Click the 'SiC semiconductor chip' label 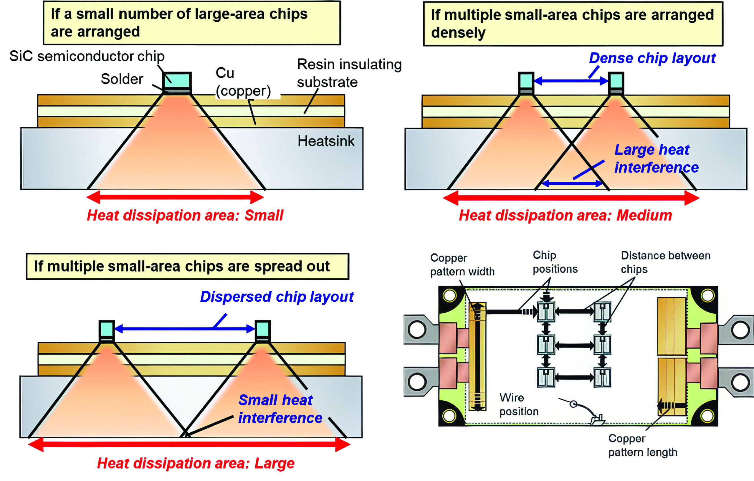click(87, 56)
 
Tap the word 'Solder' click(122, 79)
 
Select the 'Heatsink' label click(326, 141)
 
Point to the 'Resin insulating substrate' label click(349, 73)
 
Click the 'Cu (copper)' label click(243, 82)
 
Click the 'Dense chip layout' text click(652, 58)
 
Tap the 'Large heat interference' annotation click(656, 158)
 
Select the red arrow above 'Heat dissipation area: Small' click(175, 197)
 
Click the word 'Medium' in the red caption click(644, 215)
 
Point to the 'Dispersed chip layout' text click(277, 297)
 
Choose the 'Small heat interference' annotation click(280, 409)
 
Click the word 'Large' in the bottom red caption click(274, 463)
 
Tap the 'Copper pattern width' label click(462, 265)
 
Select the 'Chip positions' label click(555, 262)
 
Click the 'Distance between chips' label click(665, 262)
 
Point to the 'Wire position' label click(519, 404)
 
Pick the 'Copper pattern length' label click(643, 445)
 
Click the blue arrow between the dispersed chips click(185, 329)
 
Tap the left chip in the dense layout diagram click(526, 80)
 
